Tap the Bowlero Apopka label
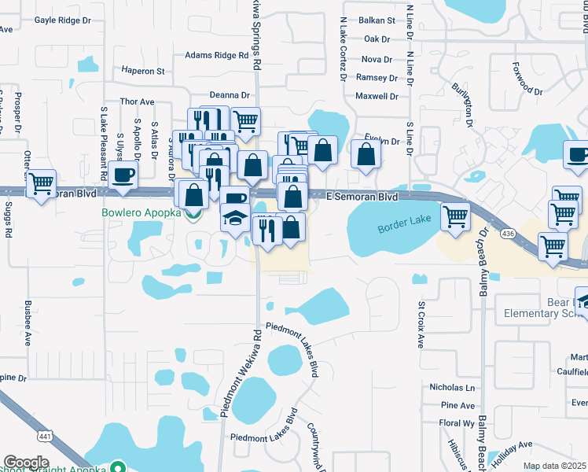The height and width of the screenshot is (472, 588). pos(141,213)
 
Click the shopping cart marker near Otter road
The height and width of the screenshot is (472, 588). pos(41,185)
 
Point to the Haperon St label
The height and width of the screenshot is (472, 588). pos(143,71)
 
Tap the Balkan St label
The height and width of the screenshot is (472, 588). pos(376,20)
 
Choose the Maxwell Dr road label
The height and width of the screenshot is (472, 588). pos(377,97)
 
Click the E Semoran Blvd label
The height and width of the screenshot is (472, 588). pos(362,195)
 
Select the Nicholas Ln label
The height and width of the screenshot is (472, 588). pos(452,388)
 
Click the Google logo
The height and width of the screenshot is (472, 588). pos(26,463)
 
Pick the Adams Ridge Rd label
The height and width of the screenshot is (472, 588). pos(216,56)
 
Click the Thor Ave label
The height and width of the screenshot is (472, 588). pos(137,101)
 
